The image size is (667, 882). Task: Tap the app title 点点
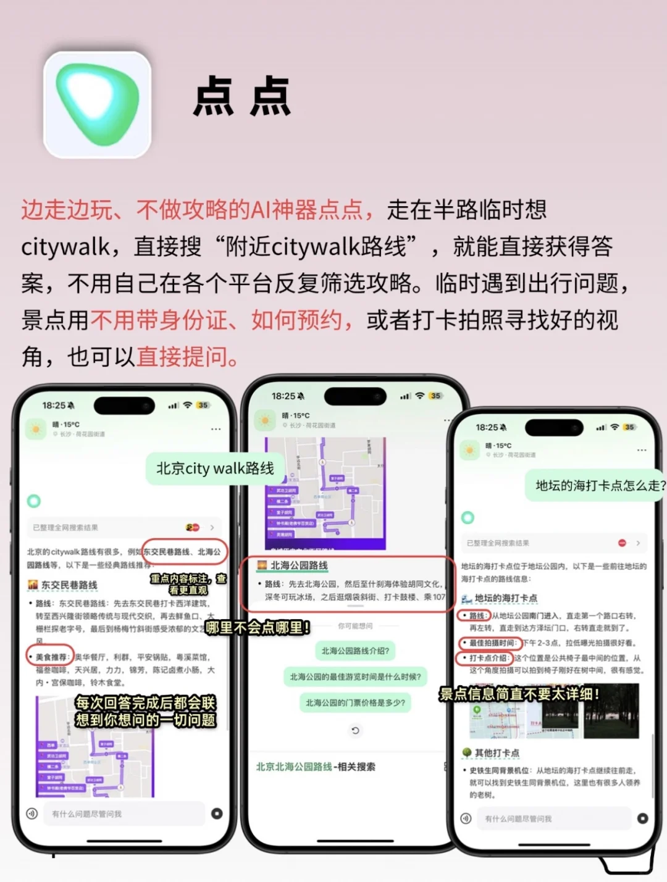click(241, 97)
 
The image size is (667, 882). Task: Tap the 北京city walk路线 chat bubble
click(215, 468)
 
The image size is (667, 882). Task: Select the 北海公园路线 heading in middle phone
click(299, 565)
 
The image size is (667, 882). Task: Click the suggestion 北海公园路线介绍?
click(355, 651)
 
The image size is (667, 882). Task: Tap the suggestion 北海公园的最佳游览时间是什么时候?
click(355, 677)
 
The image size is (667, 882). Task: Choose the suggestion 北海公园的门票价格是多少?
click(355, 703)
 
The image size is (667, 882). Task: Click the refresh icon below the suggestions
click(355, 731)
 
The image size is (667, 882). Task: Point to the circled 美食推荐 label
click(49, 657)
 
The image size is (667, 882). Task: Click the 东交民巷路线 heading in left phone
click(69, 585)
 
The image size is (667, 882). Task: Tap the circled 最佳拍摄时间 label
click(492, 643)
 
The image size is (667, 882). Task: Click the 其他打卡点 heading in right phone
click(497, 753)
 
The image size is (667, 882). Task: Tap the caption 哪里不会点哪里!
click(258, 628)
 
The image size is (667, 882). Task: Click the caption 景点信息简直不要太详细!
click(519, 694)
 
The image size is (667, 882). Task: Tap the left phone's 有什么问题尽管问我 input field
click(124, 814)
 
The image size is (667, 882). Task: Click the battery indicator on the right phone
click(629, 427)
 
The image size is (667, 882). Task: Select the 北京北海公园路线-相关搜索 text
click(316, 767)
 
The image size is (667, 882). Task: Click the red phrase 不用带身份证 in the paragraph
click(159, 320)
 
